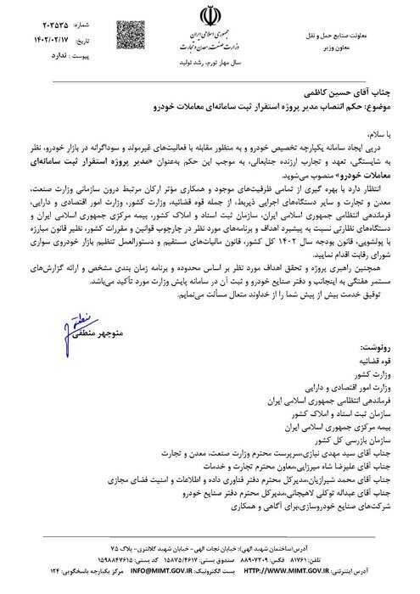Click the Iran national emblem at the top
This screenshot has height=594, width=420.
coord(209,16)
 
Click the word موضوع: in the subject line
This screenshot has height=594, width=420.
coord(384,99)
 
